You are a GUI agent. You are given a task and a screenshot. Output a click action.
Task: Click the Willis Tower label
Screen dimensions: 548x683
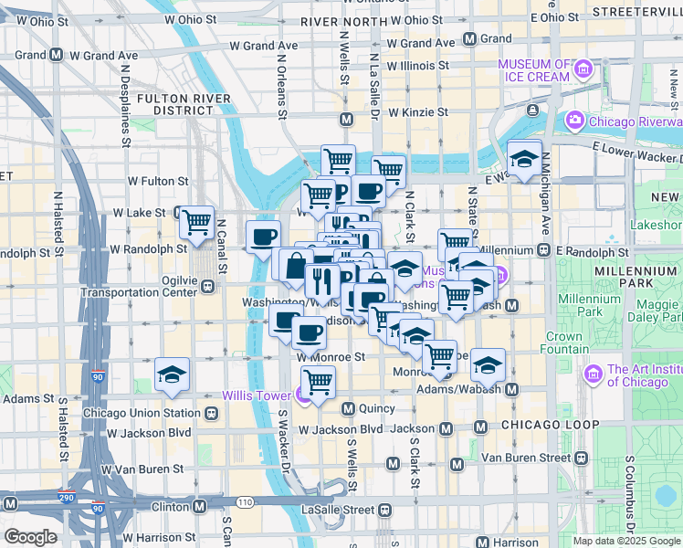(x=258, y=395)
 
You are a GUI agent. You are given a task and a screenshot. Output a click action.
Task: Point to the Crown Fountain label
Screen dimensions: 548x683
(x=563, y=342)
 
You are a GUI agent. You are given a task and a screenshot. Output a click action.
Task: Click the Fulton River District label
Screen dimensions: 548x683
(x=183, y=103)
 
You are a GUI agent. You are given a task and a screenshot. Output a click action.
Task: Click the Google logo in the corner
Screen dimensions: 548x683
(x=29, y=537)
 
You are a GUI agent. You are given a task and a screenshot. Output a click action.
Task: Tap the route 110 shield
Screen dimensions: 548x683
(x=245, y=502)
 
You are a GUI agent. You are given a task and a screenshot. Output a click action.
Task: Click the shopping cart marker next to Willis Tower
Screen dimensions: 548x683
(x=318, y=382)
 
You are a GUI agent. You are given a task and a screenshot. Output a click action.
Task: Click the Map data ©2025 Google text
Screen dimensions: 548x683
(x=626, y=541)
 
